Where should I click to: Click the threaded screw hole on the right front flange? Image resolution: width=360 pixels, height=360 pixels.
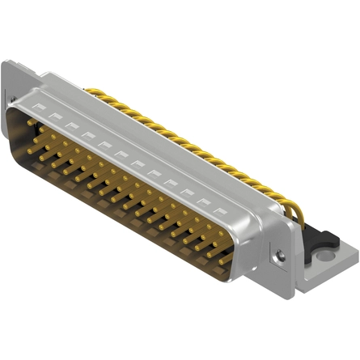coord(280,256)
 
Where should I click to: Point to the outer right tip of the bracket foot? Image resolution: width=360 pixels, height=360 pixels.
coord(357,257)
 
